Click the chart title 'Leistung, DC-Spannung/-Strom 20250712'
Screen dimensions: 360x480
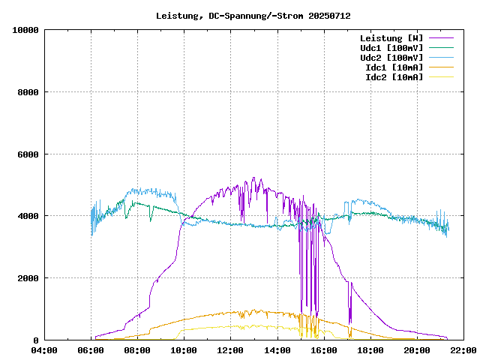[253, 16]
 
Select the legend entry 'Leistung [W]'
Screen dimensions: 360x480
[391, 38]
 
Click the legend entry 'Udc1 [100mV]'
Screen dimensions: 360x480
[391, 48]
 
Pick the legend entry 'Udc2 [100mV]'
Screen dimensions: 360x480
[391, 58]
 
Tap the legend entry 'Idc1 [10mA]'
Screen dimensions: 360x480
[394, 67]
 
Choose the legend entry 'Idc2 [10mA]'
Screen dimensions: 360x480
[394, 77]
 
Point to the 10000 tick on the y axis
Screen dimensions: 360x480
[25, 30]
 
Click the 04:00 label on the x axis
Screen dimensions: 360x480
[44, 350]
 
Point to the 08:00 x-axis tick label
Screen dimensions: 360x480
[137, 350]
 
